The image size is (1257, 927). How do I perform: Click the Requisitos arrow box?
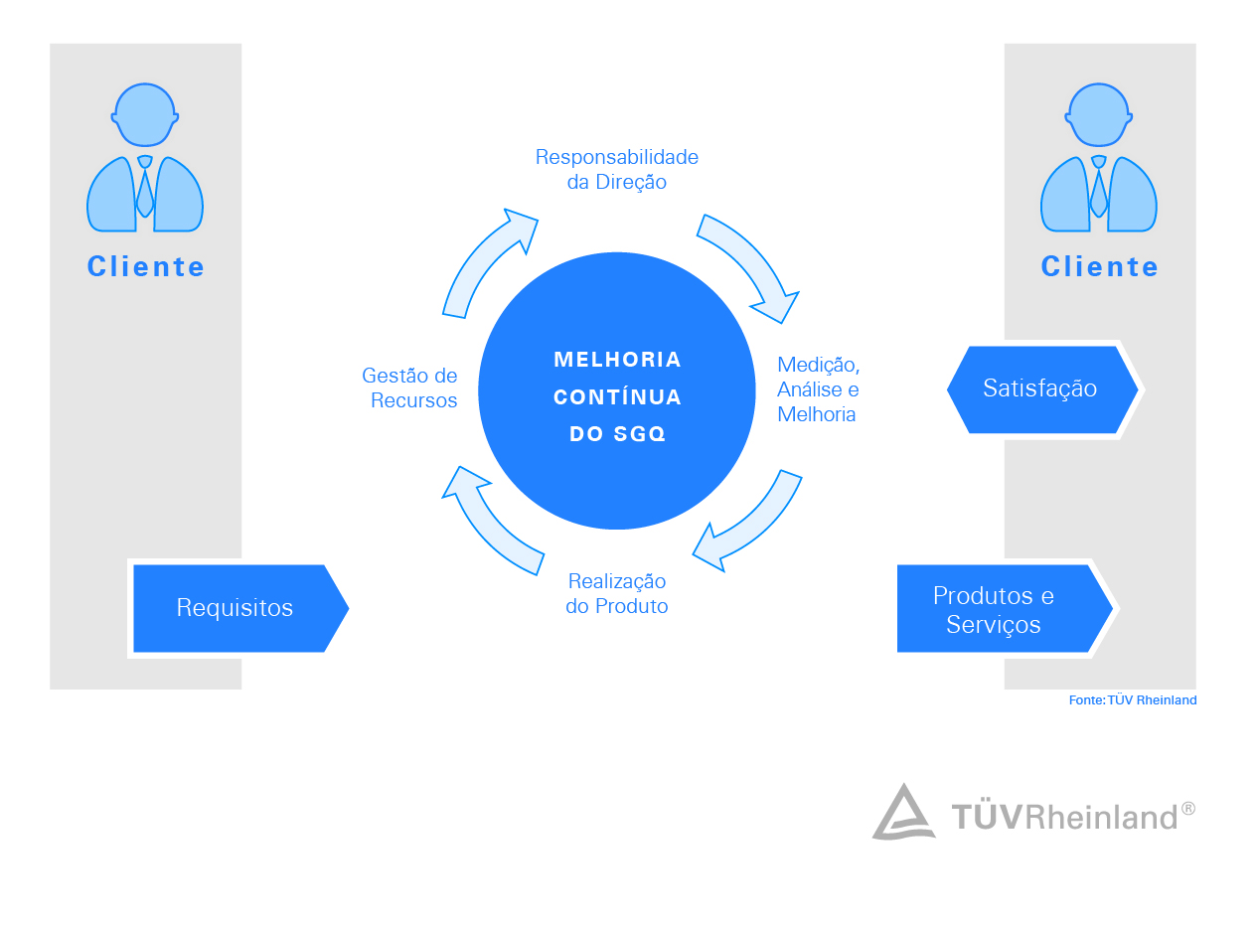[x=236, y=608]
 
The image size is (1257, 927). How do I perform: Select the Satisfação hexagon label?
[x=1040, y=388]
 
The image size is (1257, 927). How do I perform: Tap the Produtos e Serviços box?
[x=994, y=609]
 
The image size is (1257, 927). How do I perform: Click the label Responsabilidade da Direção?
[x=616, y=170]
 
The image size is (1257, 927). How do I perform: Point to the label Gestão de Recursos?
[x=409, y=388]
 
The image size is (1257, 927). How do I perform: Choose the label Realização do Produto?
[x=616, y=593]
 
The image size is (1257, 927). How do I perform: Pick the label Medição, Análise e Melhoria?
[x=818, y=389]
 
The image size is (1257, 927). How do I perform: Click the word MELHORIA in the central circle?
[x=617, y=360]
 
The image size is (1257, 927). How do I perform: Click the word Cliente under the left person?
[x=146, y=266]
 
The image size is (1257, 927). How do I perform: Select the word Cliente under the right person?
[x=1100, y=266]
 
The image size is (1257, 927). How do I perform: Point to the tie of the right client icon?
[x=1099, y=189]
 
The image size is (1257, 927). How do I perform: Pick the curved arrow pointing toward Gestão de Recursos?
[x=490, y=519]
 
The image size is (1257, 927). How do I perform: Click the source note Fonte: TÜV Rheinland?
[x=1133, y=700]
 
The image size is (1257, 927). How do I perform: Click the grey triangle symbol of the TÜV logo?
[x=903, y=813]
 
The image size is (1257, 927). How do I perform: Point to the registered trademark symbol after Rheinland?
[x=1187, y=809]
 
